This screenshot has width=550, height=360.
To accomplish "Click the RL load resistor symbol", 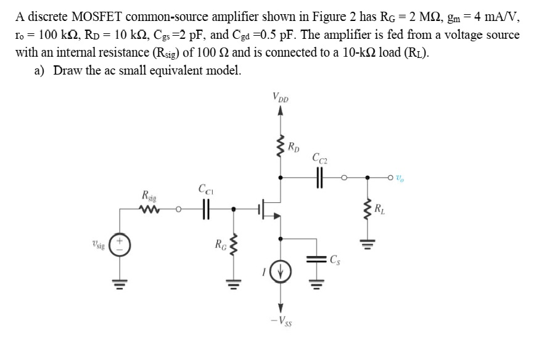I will [x=368, y=210].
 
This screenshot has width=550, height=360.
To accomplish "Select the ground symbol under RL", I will [x=368, y=245].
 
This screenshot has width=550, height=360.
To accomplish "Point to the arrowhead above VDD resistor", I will [x=281, y=111].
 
